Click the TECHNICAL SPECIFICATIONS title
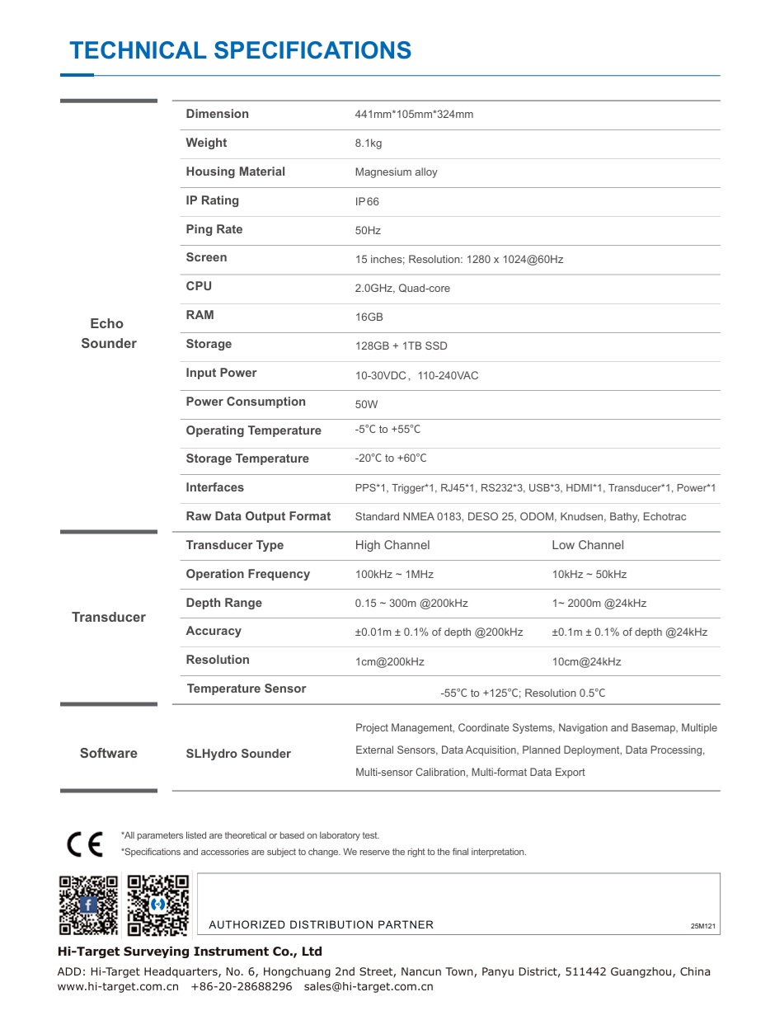click(x=240, y=50)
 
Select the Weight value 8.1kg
click(x=369, y=143)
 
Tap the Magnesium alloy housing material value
click(x=396, y=172)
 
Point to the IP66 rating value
click(x=367, y=201)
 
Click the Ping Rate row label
click(x=214, y=229)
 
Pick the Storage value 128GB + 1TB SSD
click(x=401, y=345)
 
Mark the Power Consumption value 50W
click(x=366, y=404)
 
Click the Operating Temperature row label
click(x=253, y=430)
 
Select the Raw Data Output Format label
click(x=258, y=516)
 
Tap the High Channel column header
click(x=392, y=545)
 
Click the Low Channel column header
click(x=588, y=545)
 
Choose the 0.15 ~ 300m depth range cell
click(x=411, y=603)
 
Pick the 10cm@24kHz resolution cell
click(x=586, y=661)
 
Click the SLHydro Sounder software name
click(x=238, y=754)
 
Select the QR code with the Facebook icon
click(x=88, y=905)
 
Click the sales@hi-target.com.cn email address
click(x=369, y=986)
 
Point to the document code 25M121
click(x=705, y=926)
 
